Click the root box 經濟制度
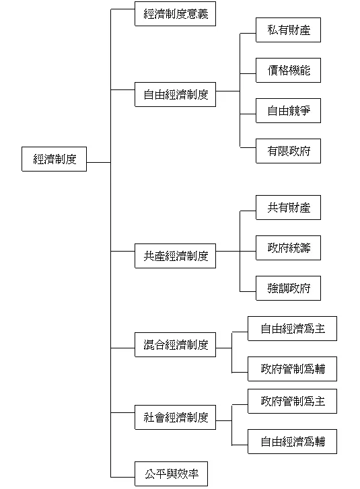pos(54,159)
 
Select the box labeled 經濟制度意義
pos(175,13)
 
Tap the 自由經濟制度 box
pos(175,94)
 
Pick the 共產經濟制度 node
pos(175,256)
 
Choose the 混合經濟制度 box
pos(175,346)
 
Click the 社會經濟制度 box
pos(175,417)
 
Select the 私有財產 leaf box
pos(288,30)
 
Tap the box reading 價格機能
pos(288,70)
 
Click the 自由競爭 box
pos(288,110)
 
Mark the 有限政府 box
pos(288,151)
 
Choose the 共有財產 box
pos(288,208)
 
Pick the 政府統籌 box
pos(288,248)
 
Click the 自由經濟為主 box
pos(292,329)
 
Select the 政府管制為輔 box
pos(292,369)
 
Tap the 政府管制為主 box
pos(292,401)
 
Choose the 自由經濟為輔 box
pos(292,441)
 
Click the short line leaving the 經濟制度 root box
pos(98,162)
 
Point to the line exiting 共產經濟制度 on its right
pos(227,252)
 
